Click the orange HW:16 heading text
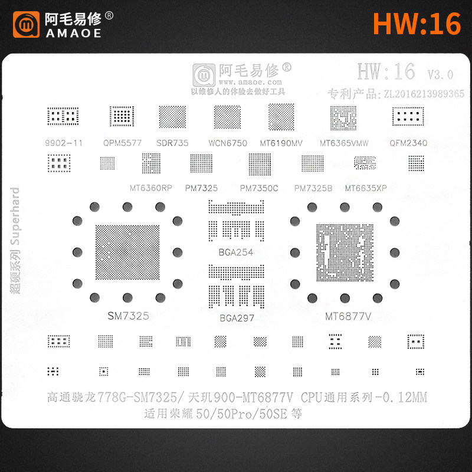[417, 24]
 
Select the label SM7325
[127, 316]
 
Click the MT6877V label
[348, 316]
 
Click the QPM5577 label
[122, 142]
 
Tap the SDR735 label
[172, 142]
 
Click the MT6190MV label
[281, 142]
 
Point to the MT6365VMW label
[344, 142]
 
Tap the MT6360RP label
[150, 188]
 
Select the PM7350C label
[259, 188]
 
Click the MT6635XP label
[366, 188]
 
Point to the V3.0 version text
[440, 74]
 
